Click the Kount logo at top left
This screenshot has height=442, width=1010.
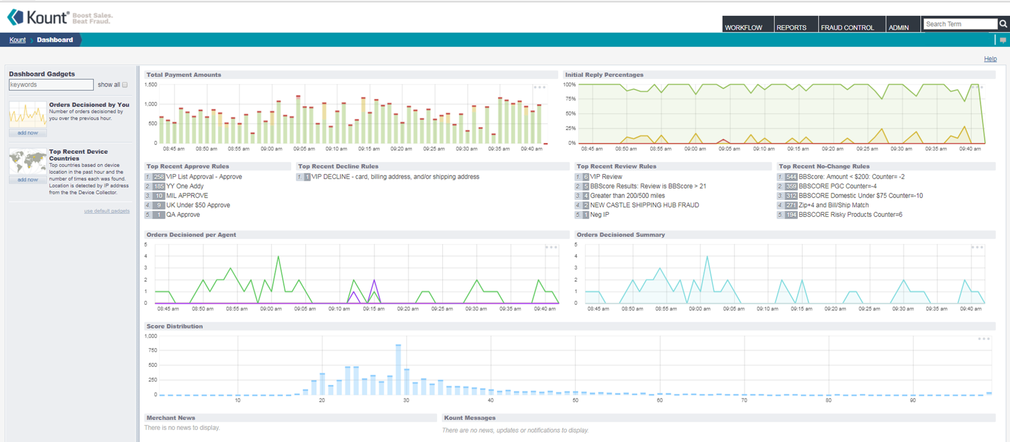coord(38,17)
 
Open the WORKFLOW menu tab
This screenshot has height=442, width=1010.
coord(744,27)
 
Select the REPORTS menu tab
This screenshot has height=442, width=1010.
coord(791,27)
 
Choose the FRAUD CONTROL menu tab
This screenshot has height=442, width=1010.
coord(847,27)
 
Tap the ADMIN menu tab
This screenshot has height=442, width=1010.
coord(899,27)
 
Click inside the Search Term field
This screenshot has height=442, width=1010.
coord(959,24)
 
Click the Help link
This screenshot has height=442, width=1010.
coord(990,59)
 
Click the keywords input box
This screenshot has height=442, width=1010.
coord(51,84)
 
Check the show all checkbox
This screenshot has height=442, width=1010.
coord(125,85)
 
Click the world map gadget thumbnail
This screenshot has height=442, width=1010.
coord(27,161)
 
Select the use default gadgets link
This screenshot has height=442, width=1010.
coord(107,211)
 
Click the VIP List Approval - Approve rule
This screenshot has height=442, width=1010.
coord(204,177)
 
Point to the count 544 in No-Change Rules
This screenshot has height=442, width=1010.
coord(791,177)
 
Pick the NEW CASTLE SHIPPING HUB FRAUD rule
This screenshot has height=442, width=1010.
coord(644,205)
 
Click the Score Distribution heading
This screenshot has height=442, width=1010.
coord(174,327)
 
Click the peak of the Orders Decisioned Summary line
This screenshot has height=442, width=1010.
coord(707,257)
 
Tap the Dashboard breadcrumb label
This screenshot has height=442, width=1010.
coord(55,40)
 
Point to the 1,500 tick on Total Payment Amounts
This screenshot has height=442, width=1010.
coord(151,85)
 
